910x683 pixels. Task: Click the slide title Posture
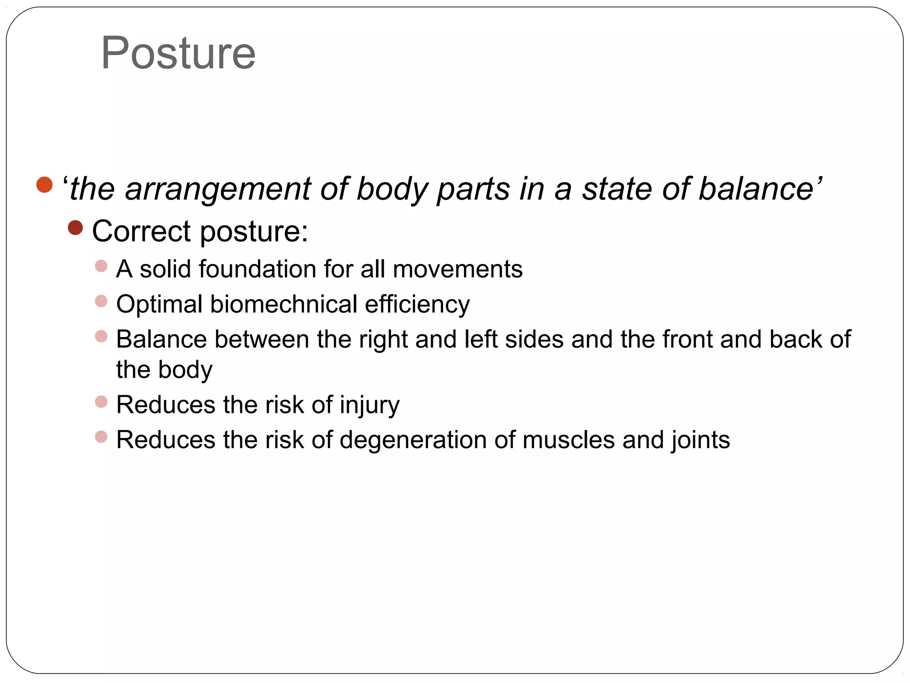point(178,53)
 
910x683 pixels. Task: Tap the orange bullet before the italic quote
point(44,185)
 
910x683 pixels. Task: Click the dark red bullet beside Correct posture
point(76,228)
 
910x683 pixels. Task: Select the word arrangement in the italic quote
point(218,189)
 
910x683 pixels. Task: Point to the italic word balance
point(756,189)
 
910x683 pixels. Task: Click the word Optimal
point(160,305)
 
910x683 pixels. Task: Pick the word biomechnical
point(283,304)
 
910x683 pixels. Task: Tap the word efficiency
point(417,305)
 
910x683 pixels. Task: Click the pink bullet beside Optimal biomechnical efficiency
point(101,301)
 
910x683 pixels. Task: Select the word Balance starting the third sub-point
point(161,339)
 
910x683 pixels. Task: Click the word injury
point(370,406)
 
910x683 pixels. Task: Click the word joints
point(701,441)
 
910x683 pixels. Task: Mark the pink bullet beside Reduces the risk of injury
point(101,402)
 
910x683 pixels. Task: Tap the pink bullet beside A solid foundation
point(101,266)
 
